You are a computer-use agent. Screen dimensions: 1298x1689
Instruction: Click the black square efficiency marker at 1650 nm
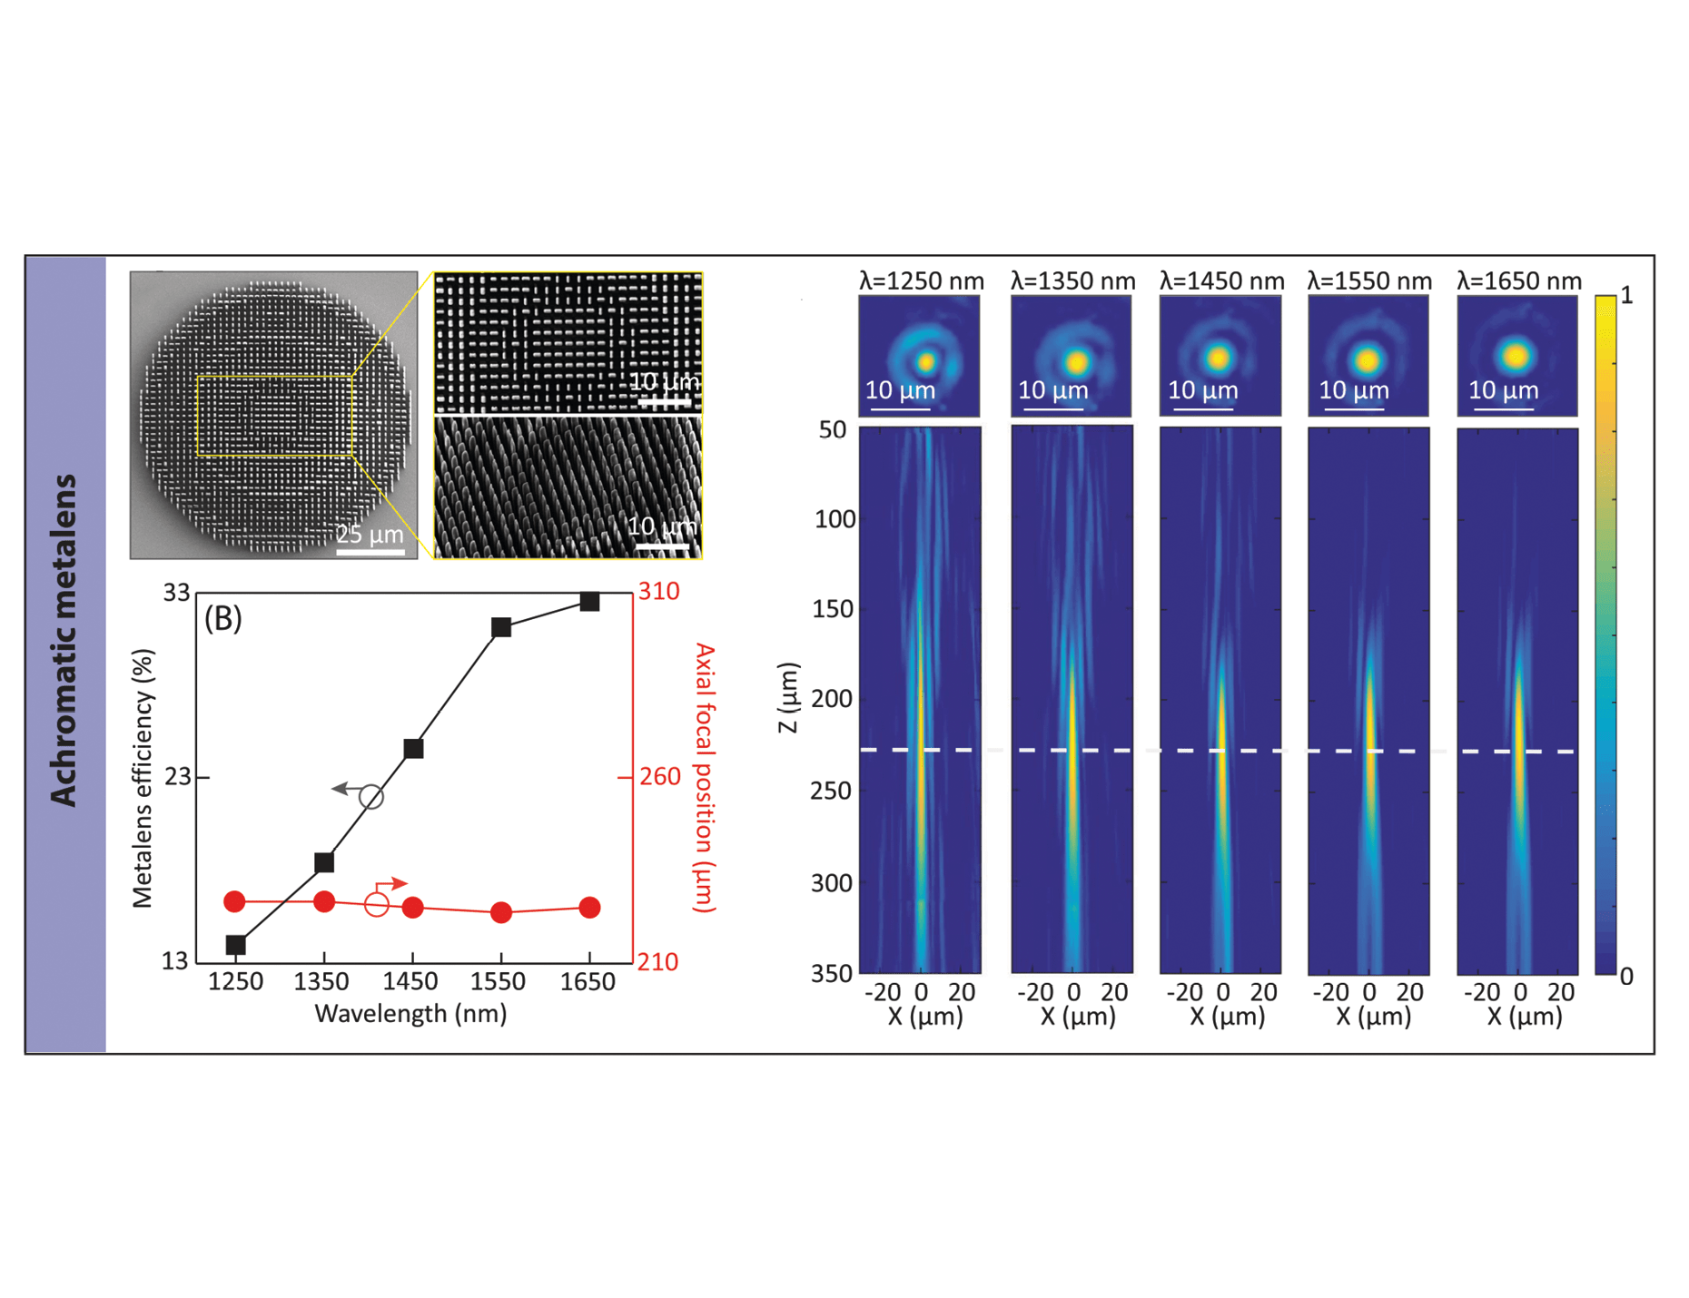tap(589, 602)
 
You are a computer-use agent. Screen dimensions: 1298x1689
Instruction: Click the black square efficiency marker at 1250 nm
tap(235, 945)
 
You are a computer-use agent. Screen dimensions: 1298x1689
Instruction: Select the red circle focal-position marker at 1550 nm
tap(501, 912)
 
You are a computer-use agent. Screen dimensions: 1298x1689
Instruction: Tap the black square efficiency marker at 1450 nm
tap(413, 749)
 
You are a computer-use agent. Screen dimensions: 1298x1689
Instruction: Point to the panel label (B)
tap(222, 618)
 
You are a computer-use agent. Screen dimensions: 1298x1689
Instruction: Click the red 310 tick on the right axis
tap(658, 592)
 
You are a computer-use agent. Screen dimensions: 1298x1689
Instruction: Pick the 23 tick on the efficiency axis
tap(177, 777)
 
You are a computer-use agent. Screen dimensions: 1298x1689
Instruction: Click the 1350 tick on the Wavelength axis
tap(322, 982)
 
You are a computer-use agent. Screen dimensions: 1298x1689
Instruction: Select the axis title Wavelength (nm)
tap(410, 1013)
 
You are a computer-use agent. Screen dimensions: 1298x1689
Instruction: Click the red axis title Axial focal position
tap(705, 777)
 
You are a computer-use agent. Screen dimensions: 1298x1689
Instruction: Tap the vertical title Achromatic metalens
tap(64, 639)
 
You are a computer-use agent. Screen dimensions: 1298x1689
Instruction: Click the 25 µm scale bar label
tap(370, 534)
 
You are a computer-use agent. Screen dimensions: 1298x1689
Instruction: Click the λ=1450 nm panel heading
tap(1221, 281)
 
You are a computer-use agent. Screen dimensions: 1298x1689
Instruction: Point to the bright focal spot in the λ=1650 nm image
tap(1516, 355)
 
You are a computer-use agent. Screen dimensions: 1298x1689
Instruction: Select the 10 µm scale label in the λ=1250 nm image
tap(899, 390)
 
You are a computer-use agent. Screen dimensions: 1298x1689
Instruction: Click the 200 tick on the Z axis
tap(832, 699)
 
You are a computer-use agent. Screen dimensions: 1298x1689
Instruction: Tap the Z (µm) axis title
tap(787, 697)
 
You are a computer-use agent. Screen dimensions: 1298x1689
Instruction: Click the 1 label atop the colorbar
tap(1626, 296)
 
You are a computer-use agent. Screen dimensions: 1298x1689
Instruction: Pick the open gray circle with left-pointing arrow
tap(370, 797)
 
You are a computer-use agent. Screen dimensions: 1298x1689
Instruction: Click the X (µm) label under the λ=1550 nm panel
tap(1372, 1017)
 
